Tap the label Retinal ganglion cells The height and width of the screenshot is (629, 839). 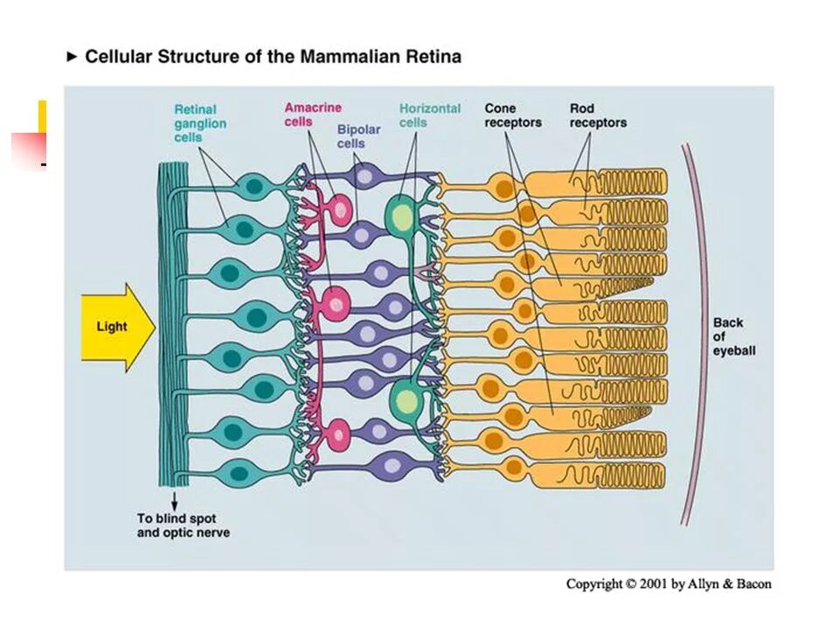click(x=200, y=123)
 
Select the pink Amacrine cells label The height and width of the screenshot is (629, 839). click(x=312, y=114)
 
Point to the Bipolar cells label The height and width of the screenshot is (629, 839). click(x=358, y=136)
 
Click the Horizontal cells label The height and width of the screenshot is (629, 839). click(x=429, y=115)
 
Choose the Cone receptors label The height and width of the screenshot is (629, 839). click(x=513, y=115)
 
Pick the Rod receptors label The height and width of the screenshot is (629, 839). click(x=598, y=115)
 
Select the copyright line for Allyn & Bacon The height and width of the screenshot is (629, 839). click(x=669, y=584)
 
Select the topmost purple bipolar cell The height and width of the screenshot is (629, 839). click(x=364, y=176)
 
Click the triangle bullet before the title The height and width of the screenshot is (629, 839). click(x=73, y=57)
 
